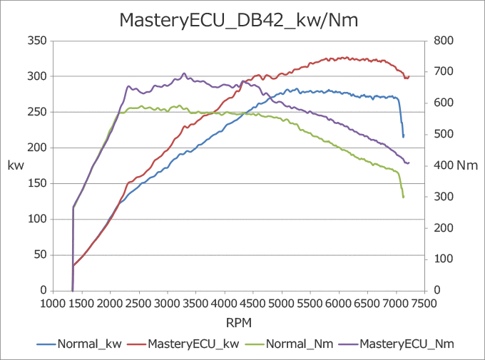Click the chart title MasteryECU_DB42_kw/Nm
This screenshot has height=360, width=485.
(x=238, y=21)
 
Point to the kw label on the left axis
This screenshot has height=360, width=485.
(x=16, y=165)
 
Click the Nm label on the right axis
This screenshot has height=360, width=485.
(x=466, y=165)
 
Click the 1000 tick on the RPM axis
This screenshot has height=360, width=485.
(x=53, y=302)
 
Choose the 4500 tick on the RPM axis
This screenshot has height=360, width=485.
(x=253, y=302)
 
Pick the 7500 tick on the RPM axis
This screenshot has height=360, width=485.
(x=424, y=302)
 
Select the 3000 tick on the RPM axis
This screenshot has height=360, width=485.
(x=168, y=302)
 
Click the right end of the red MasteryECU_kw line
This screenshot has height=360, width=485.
(x=409, y=76)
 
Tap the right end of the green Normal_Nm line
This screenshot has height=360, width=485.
(x=404, y=197)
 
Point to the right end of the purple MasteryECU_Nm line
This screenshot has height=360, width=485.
(x=409, y=163)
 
